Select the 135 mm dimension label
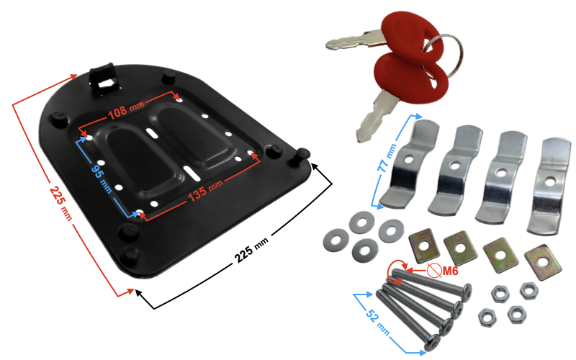pos(205,191)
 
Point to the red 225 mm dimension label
pos(60,204)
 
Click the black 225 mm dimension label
pos(251,250)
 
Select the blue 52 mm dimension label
pos(377,321)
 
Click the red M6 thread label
pos(450,271)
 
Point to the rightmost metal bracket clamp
pos(549,186)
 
